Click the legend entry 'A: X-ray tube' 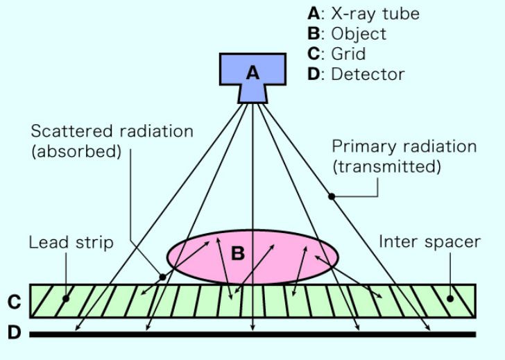click(363, 13)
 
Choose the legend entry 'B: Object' click(347, 33)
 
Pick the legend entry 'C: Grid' click(337, 53)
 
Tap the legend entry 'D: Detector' click(356, 74)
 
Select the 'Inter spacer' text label click(429, 242)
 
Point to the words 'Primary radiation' click(404, 147)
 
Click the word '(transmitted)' click(386, 167)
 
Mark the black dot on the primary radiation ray click(332, 197)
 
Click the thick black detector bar click(252, 334)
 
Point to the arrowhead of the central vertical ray click(252, 327)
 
